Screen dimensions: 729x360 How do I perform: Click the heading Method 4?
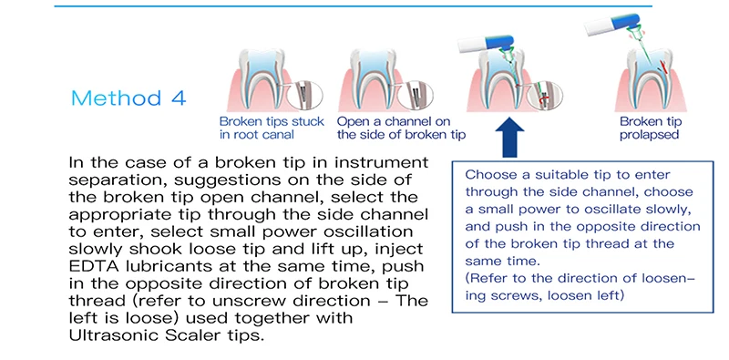pyautogui.click(x=128, y=98)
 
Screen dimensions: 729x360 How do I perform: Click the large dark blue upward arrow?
pyautogui.click(x=509, y=138)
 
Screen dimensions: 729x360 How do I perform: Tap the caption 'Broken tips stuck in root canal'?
pyautogui.click(x=272, y=129)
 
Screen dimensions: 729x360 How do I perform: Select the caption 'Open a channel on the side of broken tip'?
pyautogui.click(x=401, y=129)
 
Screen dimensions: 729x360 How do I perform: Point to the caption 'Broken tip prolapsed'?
pyautogui.click(x=651, y=129)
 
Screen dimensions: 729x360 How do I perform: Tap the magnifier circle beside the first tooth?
pyautogui.click(x=304, y=96)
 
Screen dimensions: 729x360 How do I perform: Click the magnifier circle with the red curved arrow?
pyautogui.click(x=545, y=96)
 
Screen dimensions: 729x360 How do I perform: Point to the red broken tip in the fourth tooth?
pyautogui.click(x=665, y=68)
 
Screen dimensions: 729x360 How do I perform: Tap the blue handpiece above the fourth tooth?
pyautogui.click(x=611, y=25)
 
